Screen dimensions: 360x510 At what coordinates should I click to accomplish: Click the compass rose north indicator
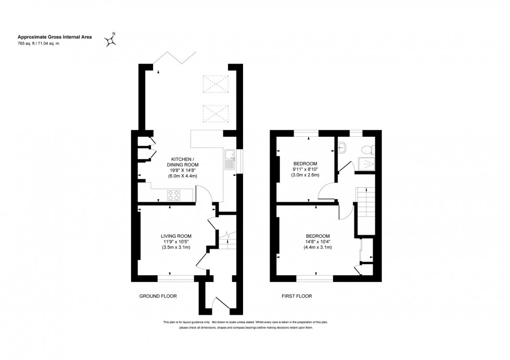pos(111,40)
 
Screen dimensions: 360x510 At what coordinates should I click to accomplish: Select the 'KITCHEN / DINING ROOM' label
pos(183,162)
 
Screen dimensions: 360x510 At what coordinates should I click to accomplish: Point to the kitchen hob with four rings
pos(173,195)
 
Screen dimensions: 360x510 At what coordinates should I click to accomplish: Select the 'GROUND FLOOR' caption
pos(158,296)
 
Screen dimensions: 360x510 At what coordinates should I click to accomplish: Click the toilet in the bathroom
pos(367,149)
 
